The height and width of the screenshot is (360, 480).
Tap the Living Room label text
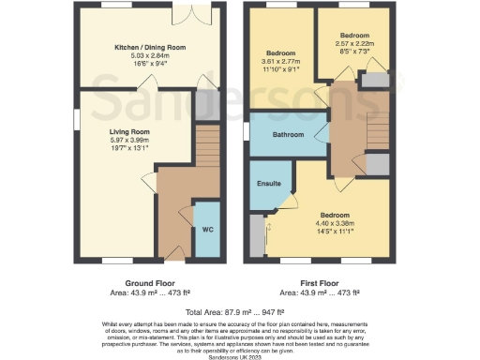[128, 132]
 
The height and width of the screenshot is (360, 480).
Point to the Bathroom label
[288, 135]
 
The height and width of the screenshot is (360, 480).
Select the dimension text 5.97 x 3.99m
[128, 141]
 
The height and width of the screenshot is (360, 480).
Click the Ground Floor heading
[150, 282]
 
